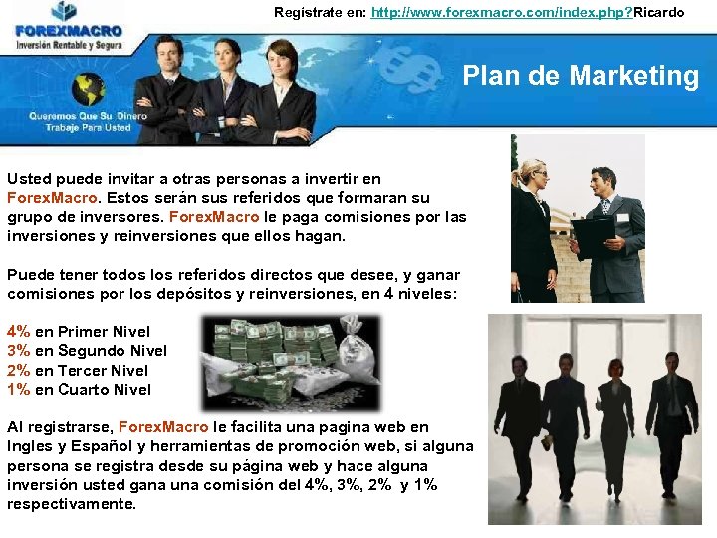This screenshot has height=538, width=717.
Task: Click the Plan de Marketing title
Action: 581,76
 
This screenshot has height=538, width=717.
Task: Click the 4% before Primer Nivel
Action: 18,332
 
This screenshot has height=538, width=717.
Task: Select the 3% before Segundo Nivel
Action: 18,351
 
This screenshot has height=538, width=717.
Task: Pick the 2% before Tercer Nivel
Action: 18,371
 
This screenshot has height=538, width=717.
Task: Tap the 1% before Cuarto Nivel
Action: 18,390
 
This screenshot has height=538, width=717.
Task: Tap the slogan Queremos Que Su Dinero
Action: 88,116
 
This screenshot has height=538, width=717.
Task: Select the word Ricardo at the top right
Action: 658,12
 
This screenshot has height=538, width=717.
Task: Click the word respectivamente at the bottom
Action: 71,504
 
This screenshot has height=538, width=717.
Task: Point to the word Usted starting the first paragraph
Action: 29,179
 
